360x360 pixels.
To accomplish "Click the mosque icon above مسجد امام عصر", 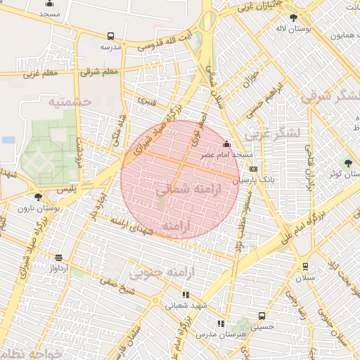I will (226, 145).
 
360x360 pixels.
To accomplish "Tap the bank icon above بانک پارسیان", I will (253, 169).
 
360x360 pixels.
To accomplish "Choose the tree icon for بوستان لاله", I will (293, 18).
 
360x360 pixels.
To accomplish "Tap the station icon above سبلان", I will (304, 266).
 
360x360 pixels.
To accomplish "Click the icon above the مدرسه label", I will (110, 36).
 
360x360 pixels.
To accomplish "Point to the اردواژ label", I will (58, 269).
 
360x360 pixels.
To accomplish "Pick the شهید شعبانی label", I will (184, 306).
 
